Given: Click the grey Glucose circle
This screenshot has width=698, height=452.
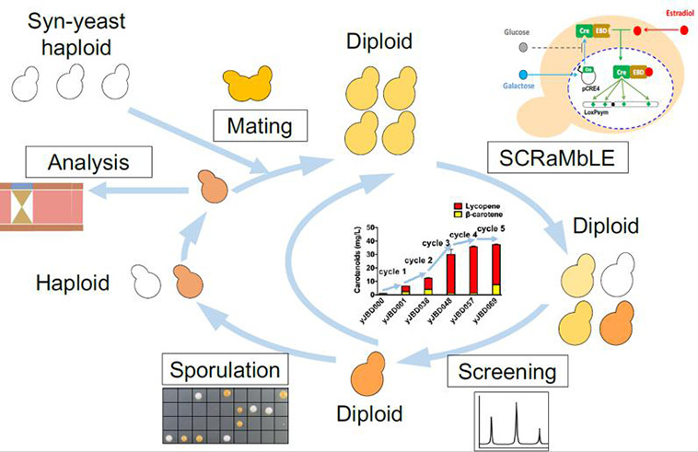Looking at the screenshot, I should coord(525,45).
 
